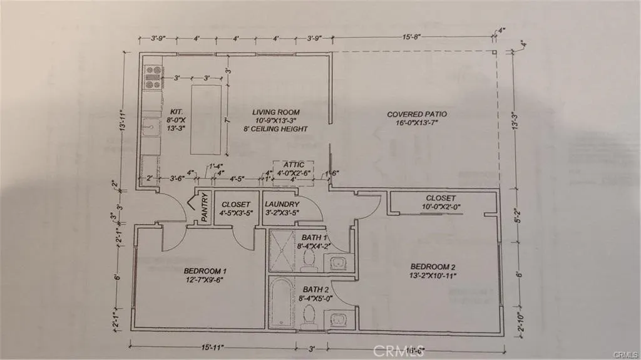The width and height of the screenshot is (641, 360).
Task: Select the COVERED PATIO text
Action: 416,114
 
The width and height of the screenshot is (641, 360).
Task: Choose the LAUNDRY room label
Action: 282,204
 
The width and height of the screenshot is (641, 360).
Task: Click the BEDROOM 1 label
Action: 205,271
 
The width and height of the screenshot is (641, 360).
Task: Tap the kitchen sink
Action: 150,127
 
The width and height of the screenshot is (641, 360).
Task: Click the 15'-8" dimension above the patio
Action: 411,38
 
